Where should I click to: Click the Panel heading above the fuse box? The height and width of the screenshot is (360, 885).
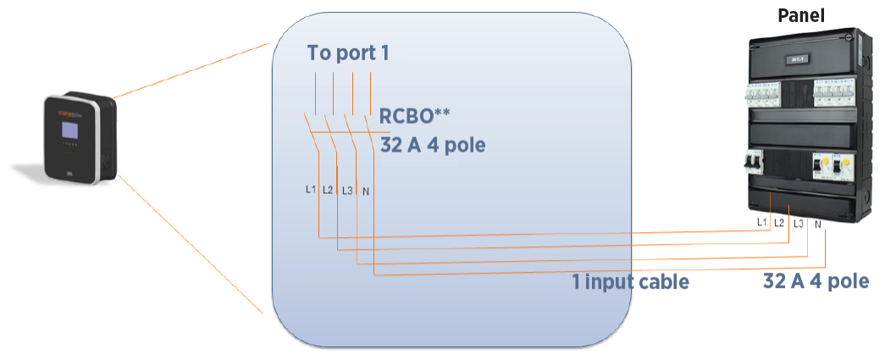click(800, 14)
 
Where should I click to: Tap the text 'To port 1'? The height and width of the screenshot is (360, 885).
click(348, 53)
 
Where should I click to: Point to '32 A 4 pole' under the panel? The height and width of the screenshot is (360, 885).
click(816, 282)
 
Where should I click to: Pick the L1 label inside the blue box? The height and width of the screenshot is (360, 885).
click(311, 189)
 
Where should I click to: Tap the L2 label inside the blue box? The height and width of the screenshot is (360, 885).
click(328, 189)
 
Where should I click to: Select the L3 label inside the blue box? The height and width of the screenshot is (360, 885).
click(346, 190)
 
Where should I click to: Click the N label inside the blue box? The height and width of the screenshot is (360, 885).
click(365, 190)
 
